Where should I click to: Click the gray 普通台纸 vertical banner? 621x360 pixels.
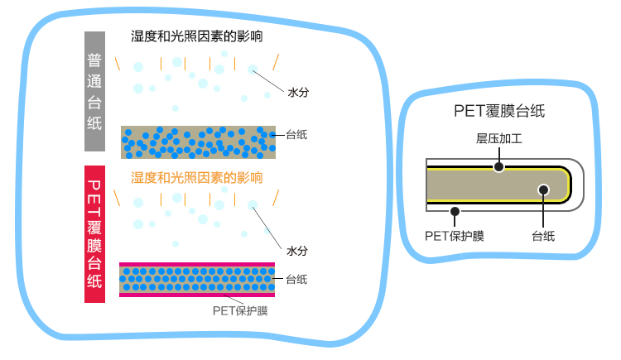point(94,92)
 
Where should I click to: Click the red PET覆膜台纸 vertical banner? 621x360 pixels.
point(94,234)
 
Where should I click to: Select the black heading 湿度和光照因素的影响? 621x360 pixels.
point(197,36)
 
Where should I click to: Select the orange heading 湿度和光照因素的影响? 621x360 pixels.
point(197,178)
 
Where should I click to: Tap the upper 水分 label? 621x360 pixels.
point(298,93)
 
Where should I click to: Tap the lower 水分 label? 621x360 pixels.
point(297,251)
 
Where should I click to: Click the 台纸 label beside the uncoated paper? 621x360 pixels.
point(296,135)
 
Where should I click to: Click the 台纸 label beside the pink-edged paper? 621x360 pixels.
point(296,279)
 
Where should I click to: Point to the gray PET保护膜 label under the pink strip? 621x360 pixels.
point(240,311)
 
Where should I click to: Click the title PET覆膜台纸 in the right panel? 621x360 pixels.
point(499,111)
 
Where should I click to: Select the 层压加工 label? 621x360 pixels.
point(499,138)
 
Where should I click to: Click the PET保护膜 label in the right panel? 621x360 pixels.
point(455,236)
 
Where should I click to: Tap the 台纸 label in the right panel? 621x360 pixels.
point(543,237)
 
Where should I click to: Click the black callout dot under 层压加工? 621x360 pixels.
point(499,166)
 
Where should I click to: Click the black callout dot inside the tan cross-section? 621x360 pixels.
point(543,190)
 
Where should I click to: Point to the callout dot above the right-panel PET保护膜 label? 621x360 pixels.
point(455,212)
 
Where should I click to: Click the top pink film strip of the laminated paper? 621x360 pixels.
point(197,265)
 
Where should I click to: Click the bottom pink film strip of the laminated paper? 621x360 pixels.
point(197,295)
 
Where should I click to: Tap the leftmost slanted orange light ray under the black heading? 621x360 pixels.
point(118,64)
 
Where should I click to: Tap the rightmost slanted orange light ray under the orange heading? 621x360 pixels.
point(276,198)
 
